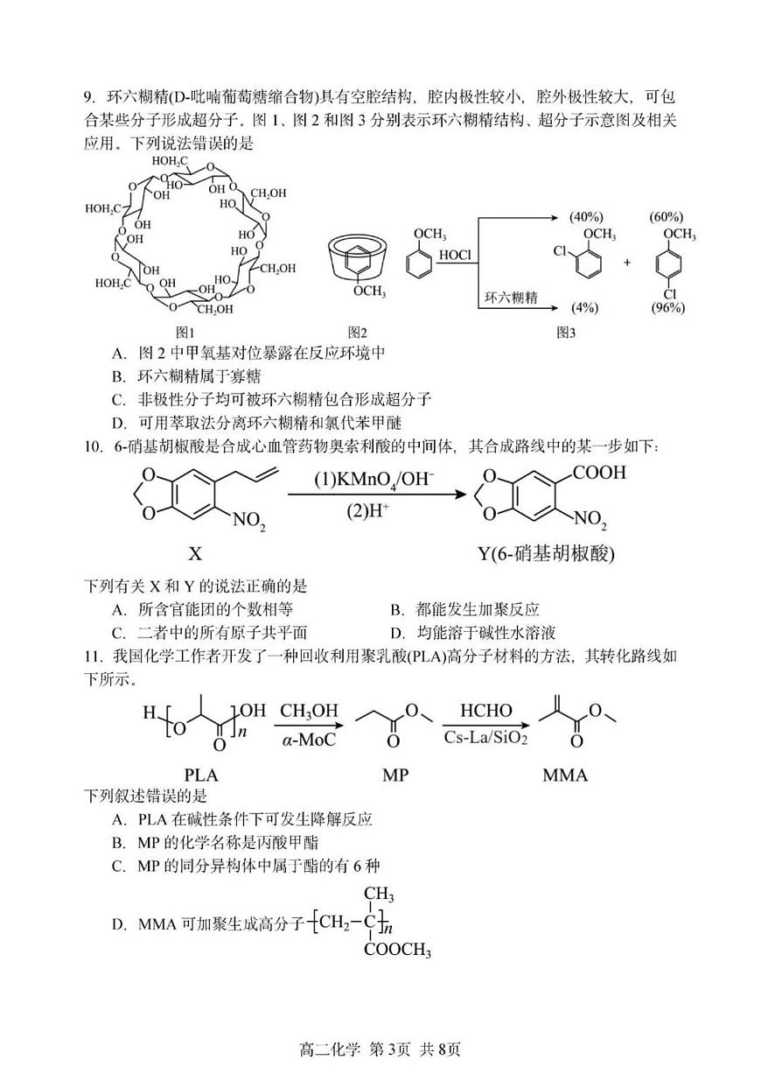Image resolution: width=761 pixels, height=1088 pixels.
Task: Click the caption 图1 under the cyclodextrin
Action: click(x=184, y=332)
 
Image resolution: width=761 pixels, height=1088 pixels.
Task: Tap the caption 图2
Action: click(x=357, y=332)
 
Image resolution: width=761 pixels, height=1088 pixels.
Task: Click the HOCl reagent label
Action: click(x=455, y=255)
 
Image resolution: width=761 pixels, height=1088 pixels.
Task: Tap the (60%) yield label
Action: click(x=667, y=216)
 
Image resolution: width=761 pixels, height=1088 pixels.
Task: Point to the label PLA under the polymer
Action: click(x=201, y=775)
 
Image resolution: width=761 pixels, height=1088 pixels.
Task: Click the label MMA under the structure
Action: click(x=564, y=775)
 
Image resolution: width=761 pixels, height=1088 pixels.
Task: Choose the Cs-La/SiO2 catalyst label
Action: click(x=485, y=738)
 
